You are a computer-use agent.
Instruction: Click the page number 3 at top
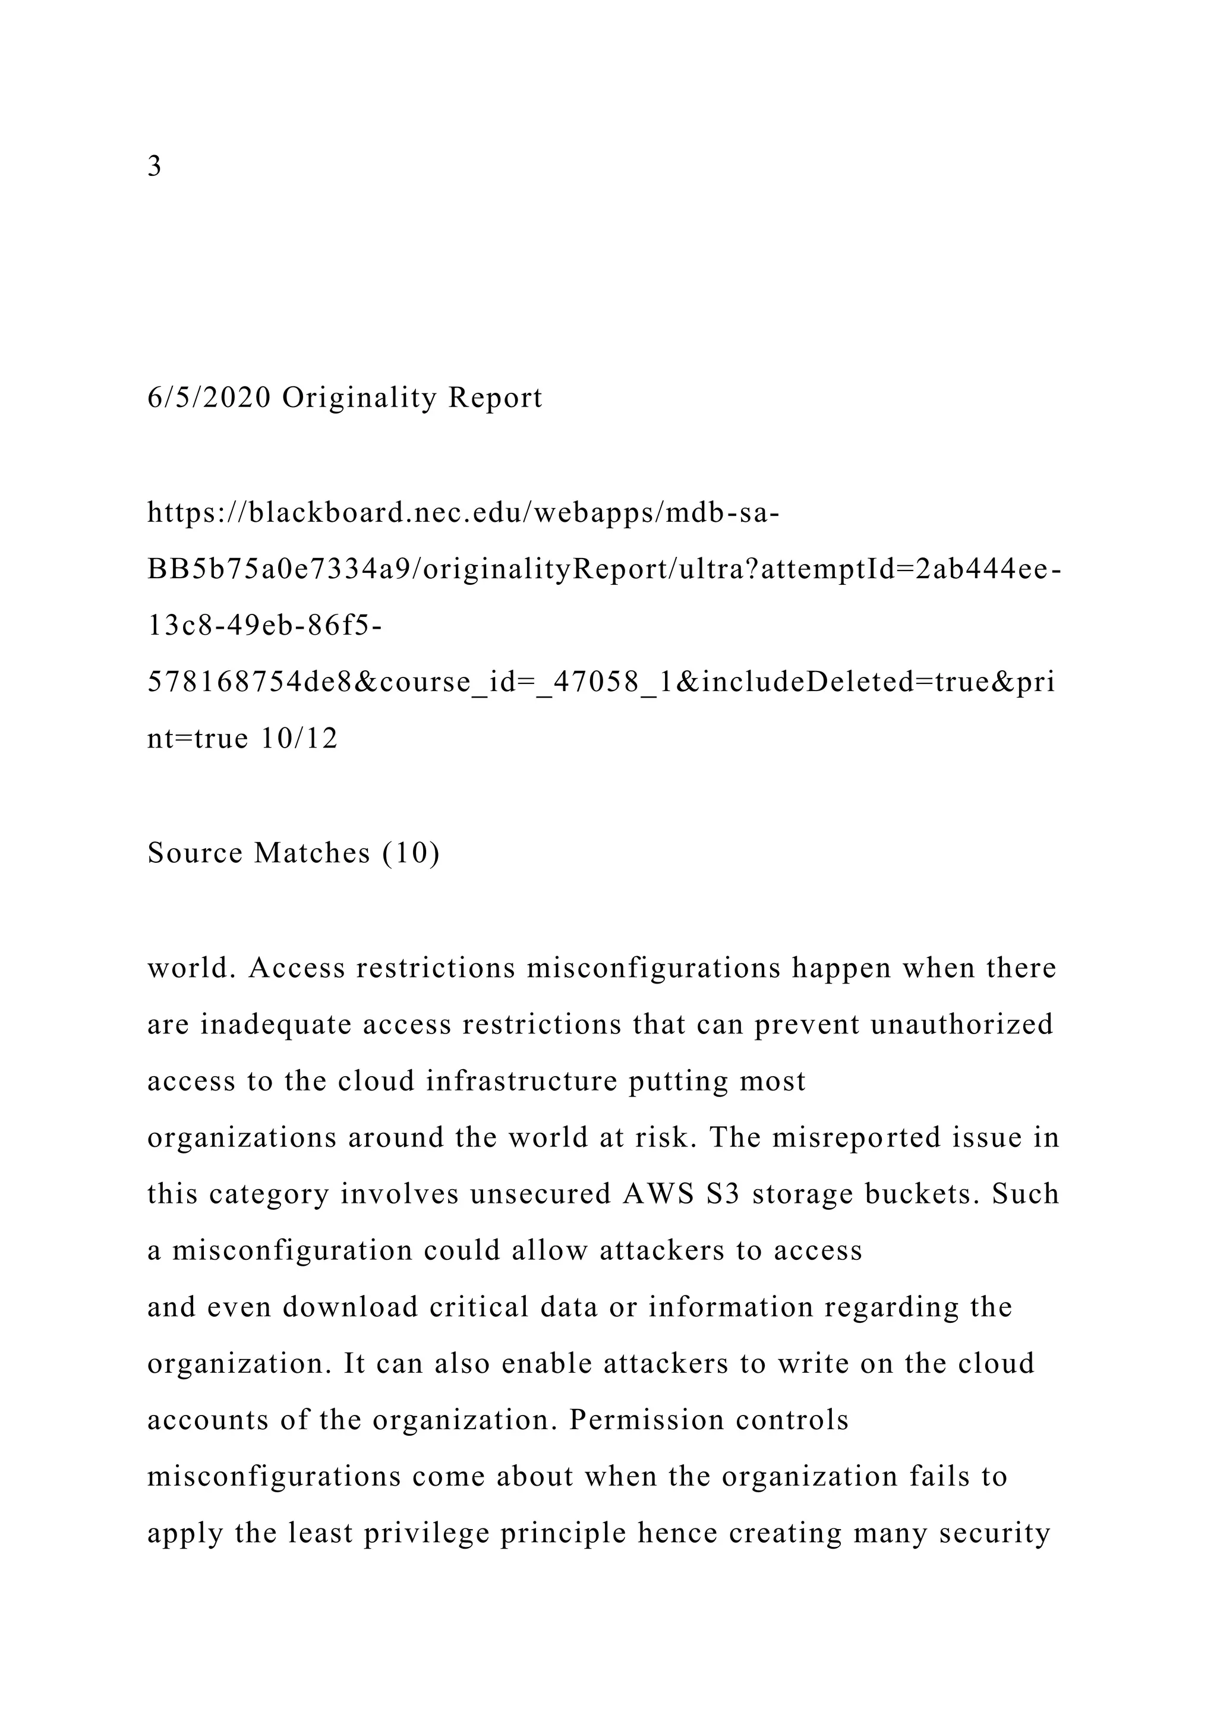(155, 166)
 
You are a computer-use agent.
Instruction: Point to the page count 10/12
(299, 739)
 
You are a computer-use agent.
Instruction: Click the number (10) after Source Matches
(411, 853)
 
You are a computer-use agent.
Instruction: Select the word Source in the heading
(195, 853)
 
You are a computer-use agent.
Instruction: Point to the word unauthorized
(961, 1024)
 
